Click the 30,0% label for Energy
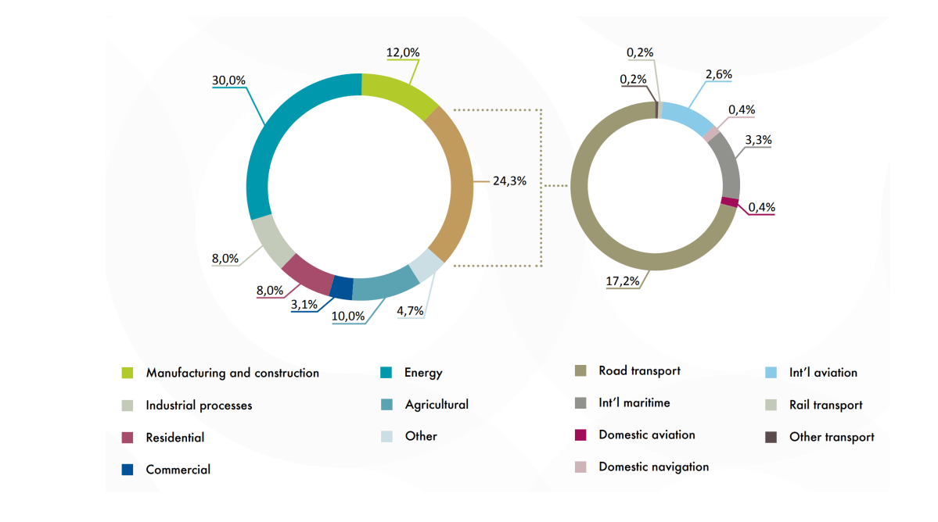pyautogui.click(x=228, y=80)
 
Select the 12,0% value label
pyautogui.click(x=403, y=52)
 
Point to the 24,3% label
pyautogui.click(x=509, y=181)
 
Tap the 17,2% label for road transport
pyautogui.click(x=622, y=281)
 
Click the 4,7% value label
pyautogui.click(x=410, y=310)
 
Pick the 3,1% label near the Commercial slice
pyautogui.click(x=304, y=305)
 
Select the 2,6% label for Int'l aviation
pyautogui.click(x=718, y=75)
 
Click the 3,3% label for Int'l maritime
pyautogui.click(x=757, y=141)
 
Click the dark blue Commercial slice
pyautogui.click(x=341, y=288)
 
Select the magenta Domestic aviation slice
pyautogui.click(x=729, y=202)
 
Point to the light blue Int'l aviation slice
pyautogui.click(x=687, y=117)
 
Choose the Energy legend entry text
pyautogui.click(x=423, y=373)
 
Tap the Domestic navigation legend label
pyautogui.click(x=653, y=467)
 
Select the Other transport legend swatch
pyautogui.click(x=771, y=437)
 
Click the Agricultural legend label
pyautogui.click(x=437, y=405)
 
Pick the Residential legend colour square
pyautogui.click(x=128, y=438)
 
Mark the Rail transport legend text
pyautogui.click(x=825, y=405)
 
